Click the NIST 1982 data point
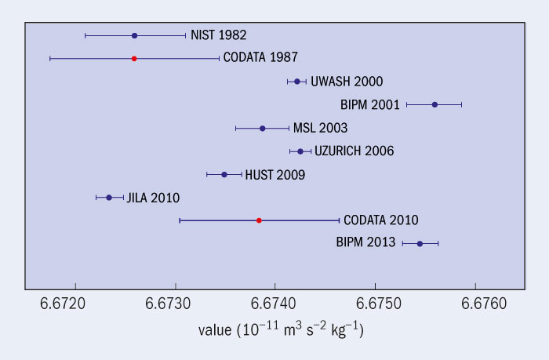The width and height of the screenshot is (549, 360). point(134,35)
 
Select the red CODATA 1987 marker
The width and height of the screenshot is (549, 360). point(134,58)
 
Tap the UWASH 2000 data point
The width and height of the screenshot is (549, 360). point(296,81)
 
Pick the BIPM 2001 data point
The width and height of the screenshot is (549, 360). point(434,104)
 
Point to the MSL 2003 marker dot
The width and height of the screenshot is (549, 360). point(262,128)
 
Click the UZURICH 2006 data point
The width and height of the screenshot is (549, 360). point(300,151)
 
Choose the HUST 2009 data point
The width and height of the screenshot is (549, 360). point(224,174)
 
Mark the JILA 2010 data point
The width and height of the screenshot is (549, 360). point(109,197)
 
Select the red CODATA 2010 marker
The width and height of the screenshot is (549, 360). point(259,220)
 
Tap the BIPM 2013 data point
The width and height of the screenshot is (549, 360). point(420,244)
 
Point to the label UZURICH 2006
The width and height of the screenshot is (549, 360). point(354,151)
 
